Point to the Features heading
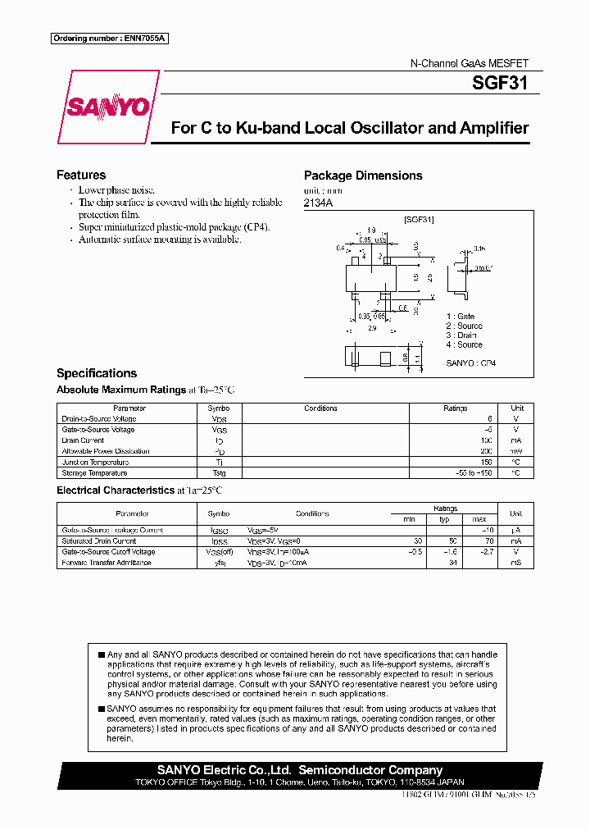click(x=81, y=175)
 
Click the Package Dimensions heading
click(x=363, y=176)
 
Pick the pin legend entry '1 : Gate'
click(x=461, y=316)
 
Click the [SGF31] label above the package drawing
click(x=418, y=220)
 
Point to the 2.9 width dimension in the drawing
click(x=371, y=328)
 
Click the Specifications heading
click(x=97, y=373)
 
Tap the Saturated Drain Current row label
click(x=99, y=541)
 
